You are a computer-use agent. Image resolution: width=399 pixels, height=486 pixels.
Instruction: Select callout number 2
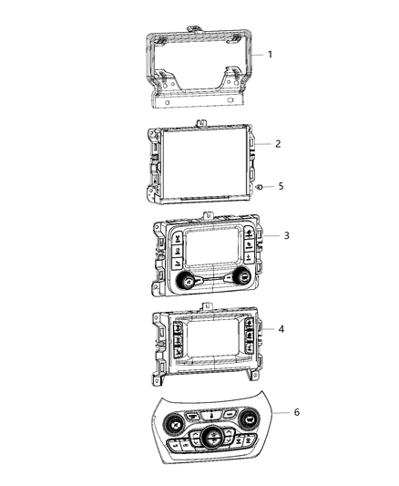pyautogui.click(x=277, y=144)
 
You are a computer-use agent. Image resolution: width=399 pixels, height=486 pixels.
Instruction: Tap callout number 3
pyautogui.click(x=287, y=235)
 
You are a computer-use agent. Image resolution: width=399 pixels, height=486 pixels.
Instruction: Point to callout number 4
pyautogui.click(x=281, y=328)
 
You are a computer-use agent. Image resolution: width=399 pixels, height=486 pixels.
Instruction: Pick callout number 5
pyautogui.click(x=281, y=186)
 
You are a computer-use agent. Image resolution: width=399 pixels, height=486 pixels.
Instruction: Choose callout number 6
pyautogui.click(x=295, y=412)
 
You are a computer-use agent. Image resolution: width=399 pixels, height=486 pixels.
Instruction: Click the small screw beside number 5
pyautogui.click(x=261, y=186)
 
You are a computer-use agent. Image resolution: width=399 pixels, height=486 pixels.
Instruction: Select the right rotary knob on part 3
pyautogui.click(x=242, y=275)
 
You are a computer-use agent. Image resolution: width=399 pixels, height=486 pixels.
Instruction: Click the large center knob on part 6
pyautogui.click(x=211, y=435)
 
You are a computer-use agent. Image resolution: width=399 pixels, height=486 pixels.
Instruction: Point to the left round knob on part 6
pyautogui.click(x=175, y=425)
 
